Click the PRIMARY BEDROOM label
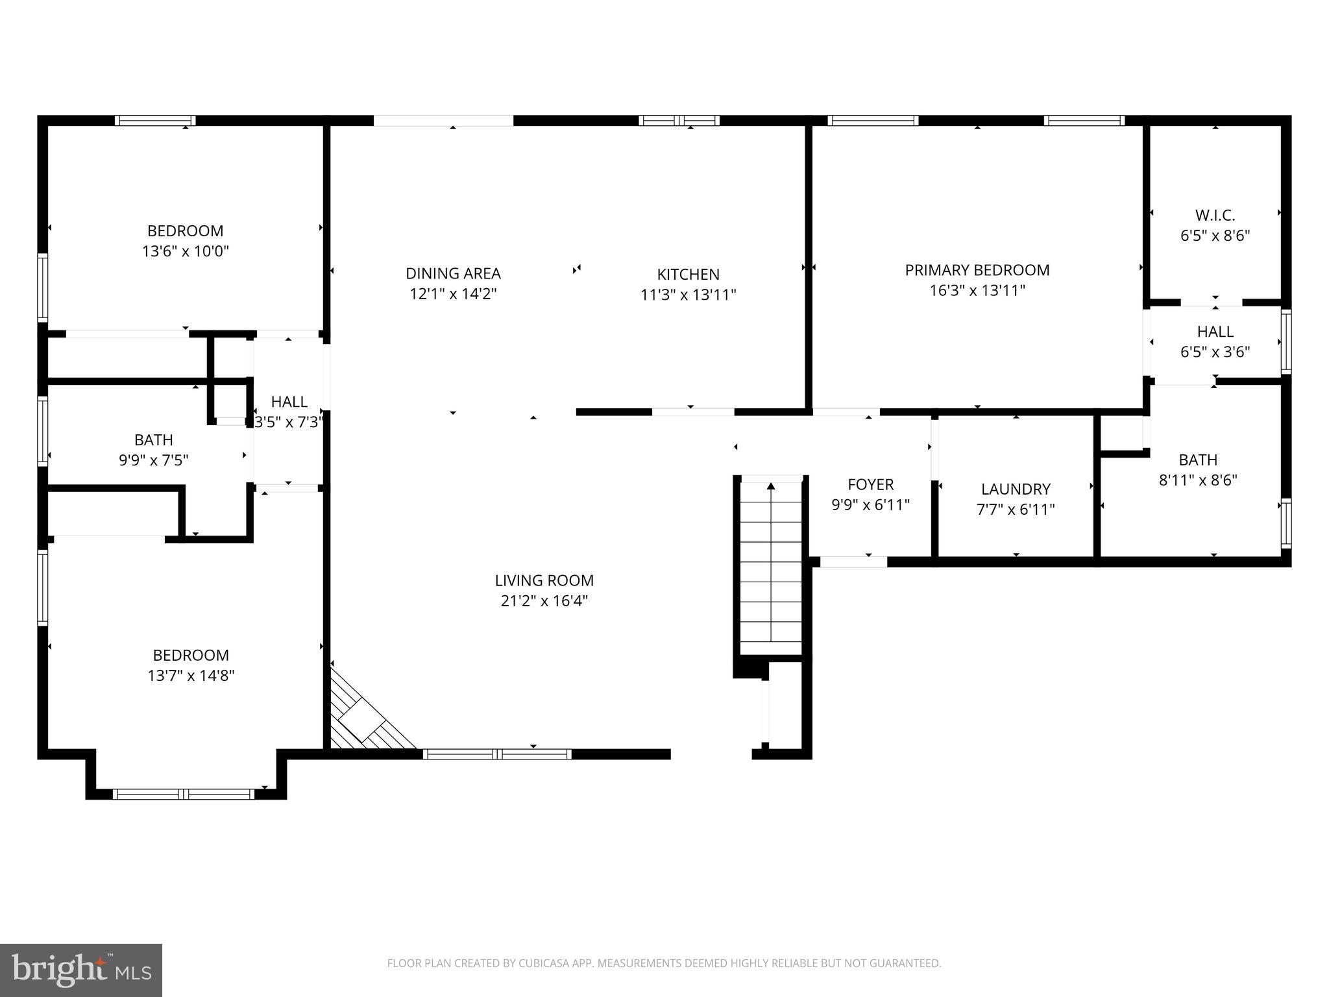coord(977,270)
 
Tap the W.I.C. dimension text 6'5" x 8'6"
coord(1215,236)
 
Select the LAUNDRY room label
coord(1015,489)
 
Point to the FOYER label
coord(870,484)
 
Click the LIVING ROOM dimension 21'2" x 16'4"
coord(544,601)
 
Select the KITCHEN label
coord(688,275)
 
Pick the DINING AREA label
coord(453,274)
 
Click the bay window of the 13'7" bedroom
coord(184,793)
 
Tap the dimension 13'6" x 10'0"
coord(186,251)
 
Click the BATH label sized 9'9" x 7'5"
coord(154,440)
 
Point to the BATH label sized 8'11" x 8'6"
coord(1197,460)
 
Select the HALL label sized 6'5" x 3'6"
coord(1215,332)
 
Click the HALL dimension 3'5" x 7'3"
coord(289,423)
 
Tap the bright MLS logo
coord(81,970)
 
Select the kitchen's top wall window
coord(679,120)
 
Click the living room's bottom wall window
coord(497,754)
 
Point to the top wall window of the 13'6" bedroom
coord(155,120)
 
